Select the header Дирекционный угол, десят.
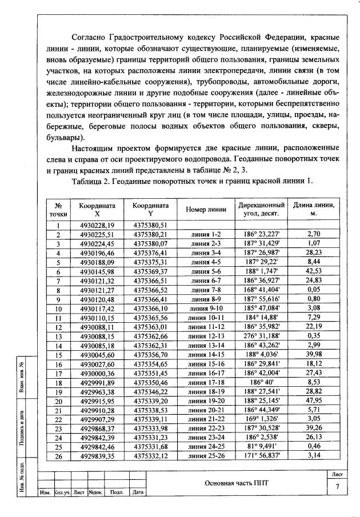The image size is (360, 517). pos(261,210)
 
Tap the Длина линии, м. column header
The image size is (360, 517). pos(314,210)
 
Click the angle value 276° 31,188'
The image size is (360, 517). pos(261,336)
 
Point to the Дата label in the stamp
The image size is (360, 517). pos(137,492)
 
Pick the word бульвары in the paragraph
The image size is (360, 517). pos(64,138)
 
